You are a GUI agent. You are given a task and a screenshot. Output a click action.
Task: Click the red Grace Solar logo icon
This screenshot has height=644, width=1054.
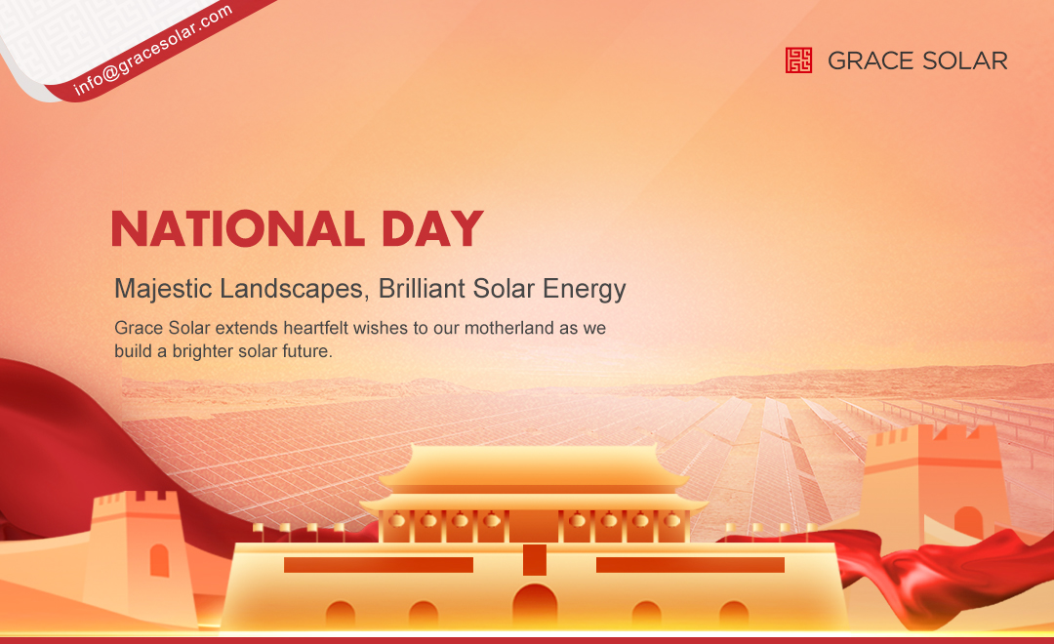tap(798, 60)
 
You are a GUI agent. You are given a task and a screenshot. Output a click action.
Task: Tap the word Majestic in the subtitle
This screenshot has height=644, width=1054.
tap(159, 289)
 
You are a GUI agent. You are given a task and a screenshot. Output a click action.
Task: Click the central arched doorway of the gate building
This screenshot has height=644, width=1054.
tap(535, 605)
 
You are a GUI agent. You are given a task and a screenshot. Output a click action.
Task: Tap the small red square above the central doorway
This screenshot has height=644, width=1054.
tap(535, 560)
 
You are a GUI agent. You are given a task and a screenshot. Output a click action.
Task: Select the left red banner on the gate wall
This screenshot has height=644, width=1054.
tap(378, 565)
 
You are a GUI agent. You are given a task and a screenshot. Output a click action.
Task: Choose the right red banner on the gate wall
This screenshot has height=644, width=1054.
tap(690, 565)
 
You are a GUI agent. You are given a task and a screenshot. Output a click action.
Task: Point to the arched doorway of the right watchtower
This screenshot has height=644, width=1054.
tap(968, 523)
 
